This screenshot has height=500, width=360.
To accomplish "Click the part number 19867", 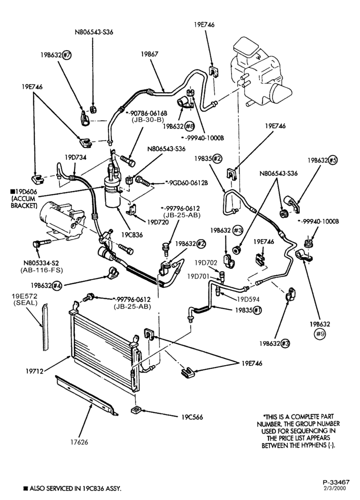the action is [x=149, y=54].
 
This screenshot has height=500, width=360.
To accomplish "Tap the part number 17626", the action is [x=79, y=442].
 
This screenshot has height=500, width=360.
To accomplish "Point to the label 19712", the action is [x=34, y=371].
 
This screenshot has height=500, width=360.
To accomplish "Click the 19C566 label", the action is [x=192, y=417].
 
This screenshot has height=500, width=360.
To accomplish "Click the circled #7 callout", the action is [x=66, y=54].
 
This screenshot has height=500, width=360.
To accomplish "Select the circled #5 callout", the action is [x=332, y=160].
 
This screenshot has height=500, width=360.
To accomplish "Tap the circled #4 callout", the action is [x=57, y=285].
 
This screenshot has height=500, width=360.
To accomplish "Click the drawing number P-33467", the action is [x=336, y=482].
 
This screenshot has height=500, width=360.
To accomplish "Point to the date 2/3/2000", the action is [x=336, y=488].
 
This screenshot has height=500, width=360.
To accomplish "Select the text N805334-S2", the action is [x=39, y=263].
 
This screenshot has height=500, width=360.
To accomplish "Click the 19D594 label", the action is [x=248, y=299].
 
